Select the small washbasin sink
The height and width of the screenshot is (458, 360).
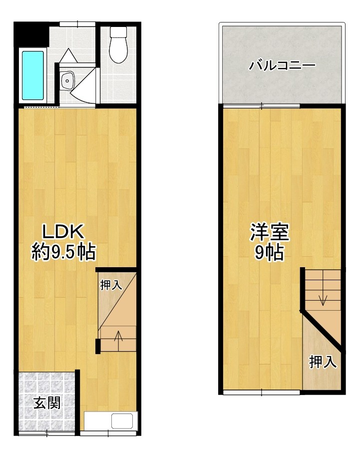[x=66, y=80]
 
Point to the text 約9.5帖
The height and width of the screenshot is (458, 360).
[x=64, y=251]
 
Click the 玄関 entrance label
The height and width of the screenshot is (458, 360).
[x=47, y=403]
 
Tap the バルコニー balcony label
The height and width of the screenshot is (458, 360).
[x=282, y=65]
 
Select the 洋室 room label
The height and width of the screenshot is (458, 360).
[x=270, y=233]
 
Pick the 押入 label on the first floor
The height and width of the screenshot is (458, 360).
[x=111, y=285]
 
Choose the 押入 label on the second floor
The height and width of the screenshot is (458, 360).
[x=323, y=362]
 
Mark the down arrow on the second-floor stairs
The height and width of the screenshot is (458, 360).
[x=323, y=300]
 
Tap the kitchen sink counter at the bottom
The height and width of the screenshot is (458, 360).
[x=110, y=421]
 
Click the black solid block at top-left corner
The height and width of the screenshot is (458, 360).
[x=29, y=34]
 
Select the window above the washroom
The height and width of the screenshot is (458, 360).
[x=76, y=24]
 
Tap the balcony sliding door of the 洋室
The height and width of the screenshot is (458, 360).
[x=261, y=105]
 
